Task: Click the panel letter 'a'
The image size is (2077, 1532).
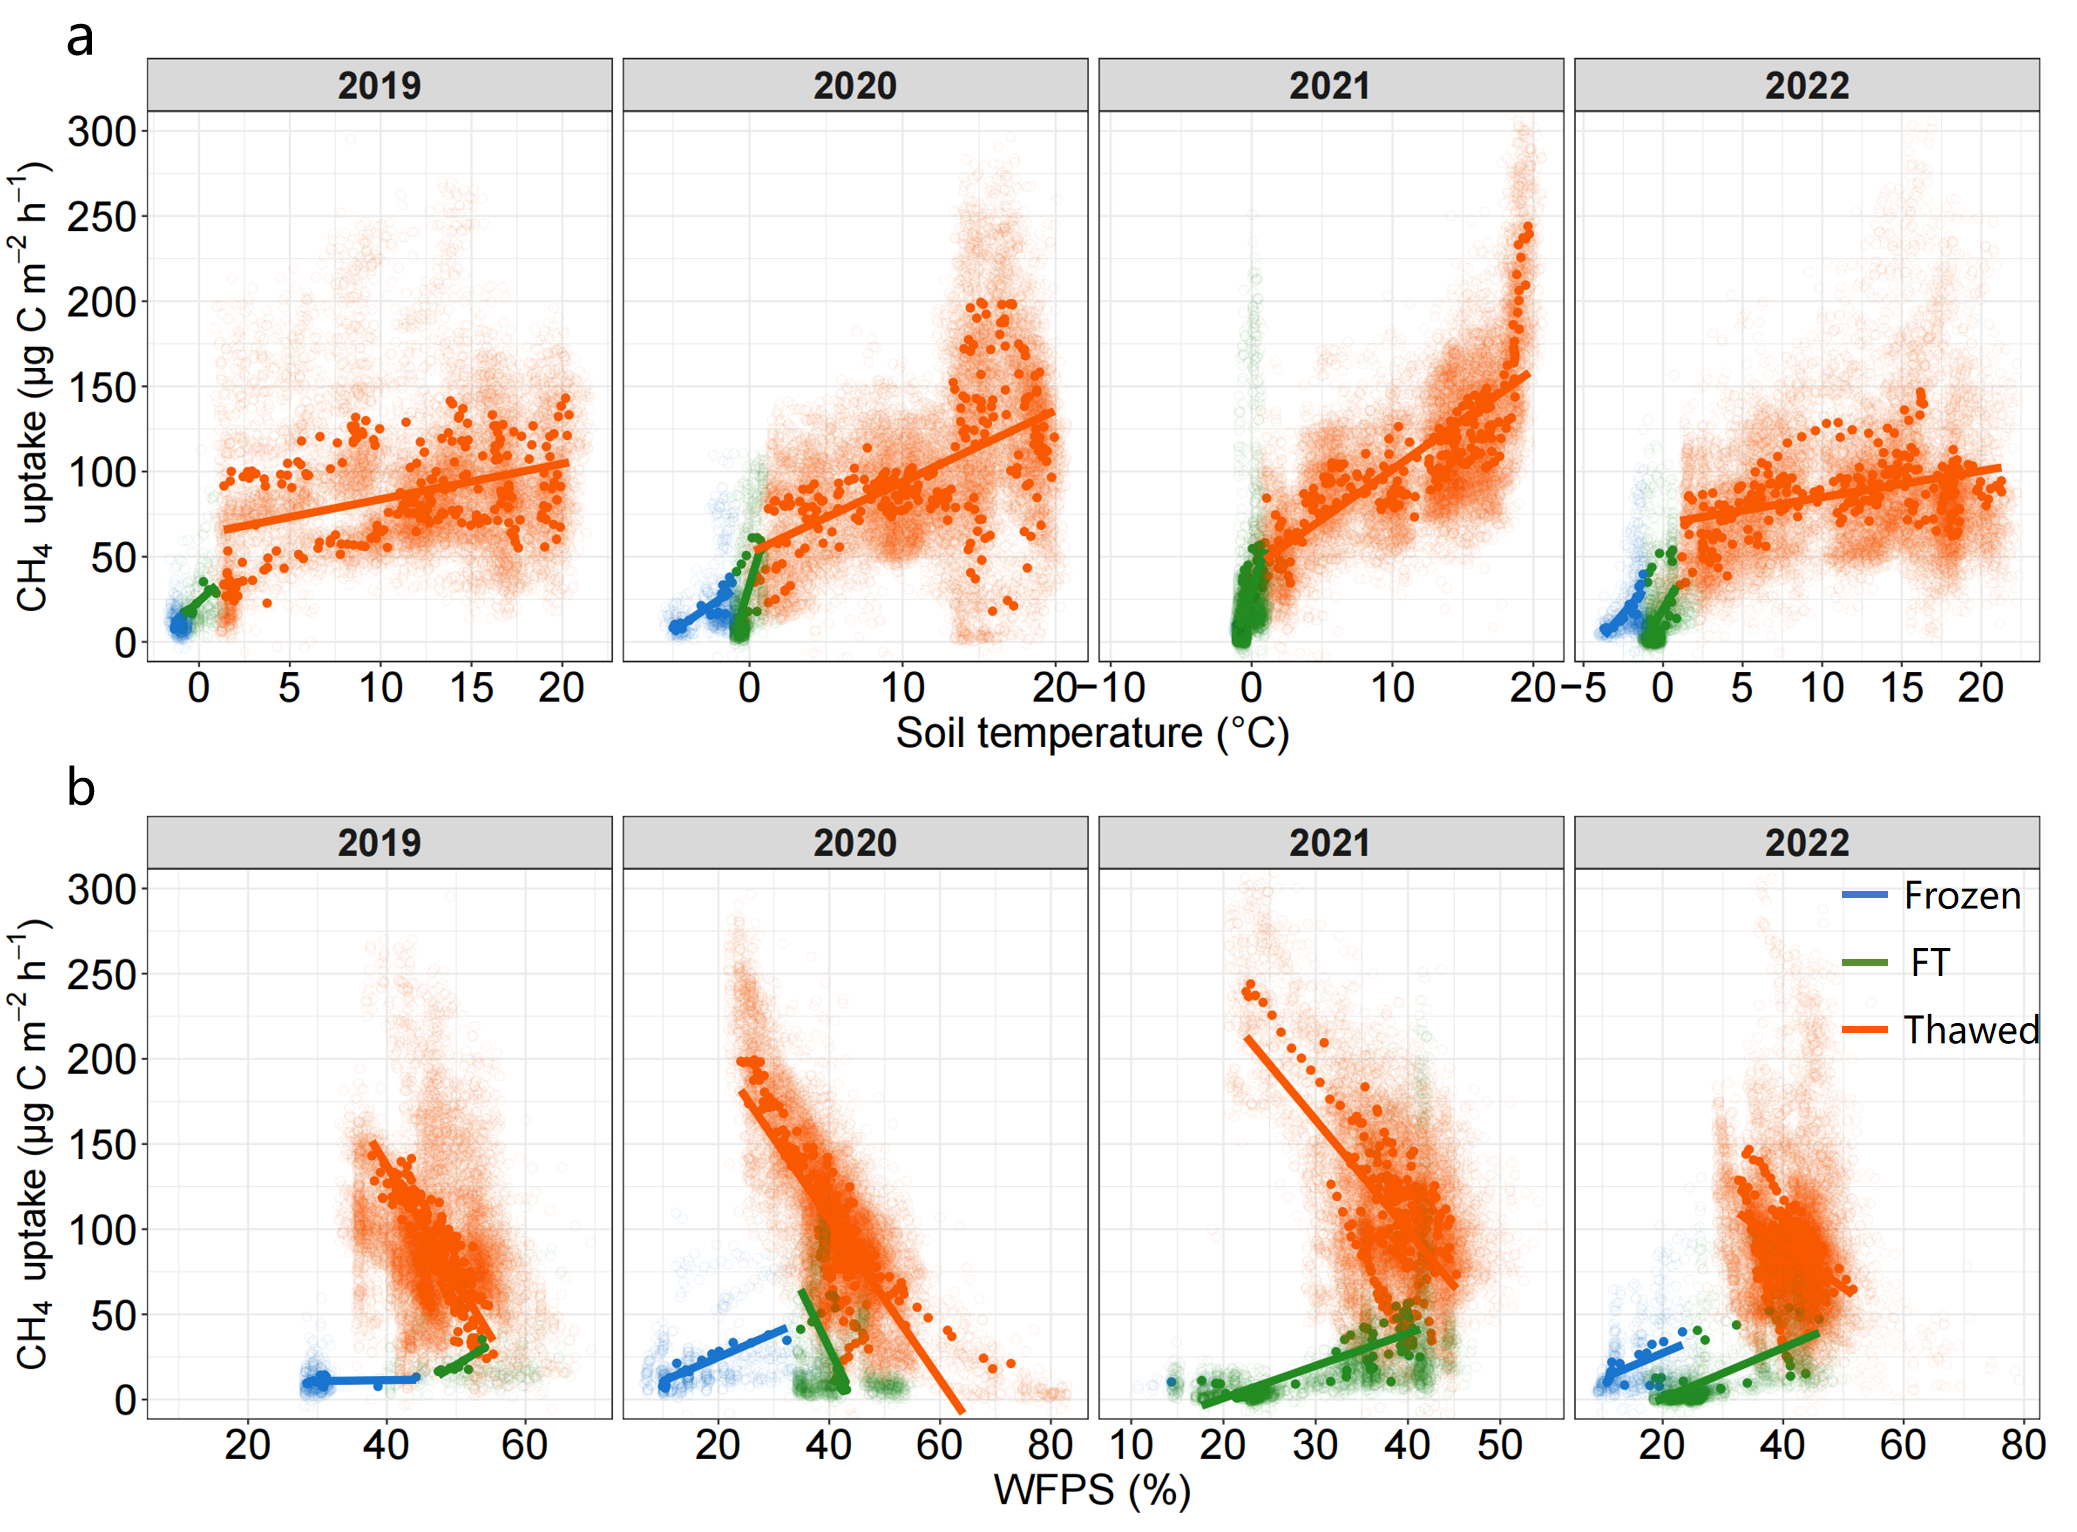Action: coord(80,40)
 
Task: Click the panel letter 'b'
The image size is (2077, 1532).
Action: coord(80,788)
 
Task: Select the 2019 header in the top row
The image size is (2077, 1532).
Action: coord(379,86)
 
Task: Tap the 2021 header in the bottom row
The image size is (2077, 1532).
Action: coord(1330,843)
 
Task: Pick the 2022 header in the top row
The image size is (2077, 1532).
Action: coord(1806,86)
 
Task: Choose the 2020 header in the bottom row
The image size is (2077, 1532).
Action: coord(854,843)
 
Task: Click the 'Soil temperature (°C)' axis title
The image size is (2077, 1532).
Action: coord(1092,733)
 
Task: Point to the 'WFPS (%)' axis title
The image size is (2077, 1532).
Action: coord(1092,1490)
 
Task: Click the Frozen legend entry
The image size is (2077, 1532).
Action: coord(1961,895)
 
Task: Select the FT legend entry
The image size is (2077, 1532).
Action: coord(1929,962)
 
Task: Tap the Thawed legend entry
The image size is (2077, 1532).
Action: coord(1970,1030)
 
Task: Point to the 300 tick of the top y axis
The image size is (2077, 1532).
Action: coord(102,131)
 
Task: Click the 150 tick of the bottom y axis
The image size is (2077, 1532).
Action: coord(102,1144)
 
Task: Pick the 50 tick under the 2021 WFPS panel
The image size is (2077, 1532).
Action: coord(1500,1445)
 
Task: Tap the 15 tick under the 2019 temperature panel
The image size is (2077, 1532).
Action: coord(471,688)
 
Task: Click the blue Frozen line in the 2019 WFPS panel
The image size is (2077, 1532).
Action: coord(370,1380)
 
